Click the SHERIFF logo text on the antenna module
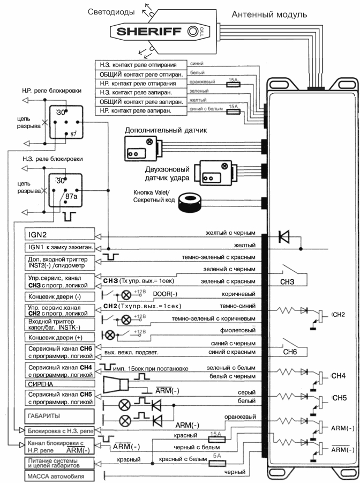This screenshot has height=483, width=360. [x=149, y=32]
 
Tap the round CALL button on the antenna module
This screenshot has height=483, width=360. [x=193, y=31]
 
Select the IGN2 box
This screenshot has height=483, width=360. [x=60, y=234]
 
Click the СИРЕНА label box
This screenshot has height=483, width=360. [x=60, y=384]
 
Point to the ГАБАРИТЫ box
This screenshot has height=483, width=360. [x=59, y=416]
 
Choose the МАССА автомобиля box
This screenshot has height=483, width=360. [x=59, y=476]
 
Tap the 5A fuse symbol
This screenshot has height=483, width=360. [x=217, y=463]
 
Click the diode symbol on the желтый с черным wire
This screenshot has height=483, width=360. [x=283, y=236]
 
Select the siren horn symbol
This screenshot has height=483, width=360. [x=116, y=385]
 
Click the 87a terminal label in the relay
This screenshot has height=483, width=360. [x=71, y=196]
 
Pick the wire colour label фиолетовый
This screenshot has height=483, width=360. [x=238, y=331]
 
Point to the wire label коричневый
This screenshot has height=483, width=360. [x=239, y=294]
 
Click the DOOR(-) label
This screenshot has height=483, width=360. [x=165, y=294]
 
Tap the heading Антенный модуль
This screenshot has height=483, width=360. [x=269, y=14]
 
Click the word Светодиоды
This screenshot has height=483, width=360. [x=111, y=12]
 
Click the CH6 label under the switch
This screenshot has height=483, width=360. [x=290, y=352]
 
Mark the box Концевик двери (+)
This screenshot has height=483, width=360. [x=59, y=338]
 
